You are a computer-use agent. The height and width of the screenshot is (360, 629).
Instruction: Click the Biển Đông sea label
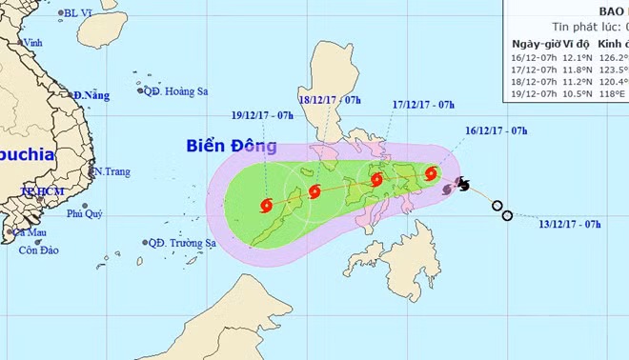coord(233,147)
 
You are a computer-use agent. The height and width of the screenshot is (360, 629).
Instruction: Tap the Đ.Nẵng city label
coord(91,95)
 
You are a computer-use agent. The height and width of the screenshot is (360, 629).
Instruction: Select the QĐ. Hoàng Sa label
coord(177,91)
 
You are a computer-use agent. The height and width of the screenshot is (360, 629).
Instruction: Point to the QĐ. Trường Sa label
coord(182,243)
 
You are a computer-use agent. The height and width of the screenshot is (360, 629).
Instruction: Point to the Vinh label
coord(33,43)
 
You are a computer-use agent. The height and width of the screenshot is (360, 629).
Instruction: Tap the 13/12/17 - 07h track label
coord(569,224)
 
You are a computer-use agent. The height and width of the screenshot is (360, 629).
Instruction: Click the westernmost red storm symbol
coord(266,204)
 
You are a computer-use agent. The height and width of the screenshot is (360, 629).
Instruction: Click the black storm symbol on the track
coord(462,183)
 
